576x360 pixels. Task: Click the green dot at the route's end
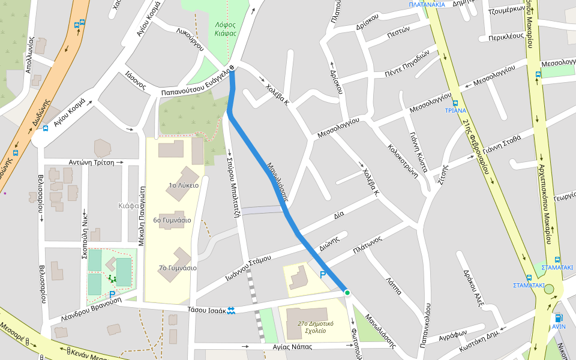(347, 292)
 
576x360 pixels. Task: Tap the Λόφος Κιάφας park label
(226, 29)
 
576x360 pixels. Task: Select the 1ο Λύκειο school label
(184, 185)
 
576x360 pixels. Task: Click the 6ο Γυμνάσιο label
(172, 220)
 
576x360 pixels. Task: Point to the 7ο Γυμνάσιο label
(178, 268)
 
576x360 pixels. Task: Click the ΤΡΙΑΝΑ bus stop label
(455, 110)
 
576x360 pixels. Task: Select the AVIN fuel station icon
(559, 318)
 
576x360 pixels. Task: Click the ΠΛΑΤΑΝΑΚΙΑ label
(427, 4)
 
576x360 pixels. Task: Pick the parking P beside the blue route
(323, 275)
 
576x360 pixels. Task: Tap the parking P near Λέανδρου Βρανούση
(112, 295)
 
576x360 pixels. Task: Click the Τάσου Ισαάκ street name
(206, 310)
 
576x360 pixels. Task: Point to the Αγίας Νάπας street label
(294, 346)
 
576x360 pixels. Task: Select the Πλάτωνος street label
(368, 245)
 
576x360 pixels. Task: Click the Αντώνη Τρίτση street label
(91, 162)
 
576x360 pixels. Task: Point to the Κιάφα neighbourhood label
(129, 206)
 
